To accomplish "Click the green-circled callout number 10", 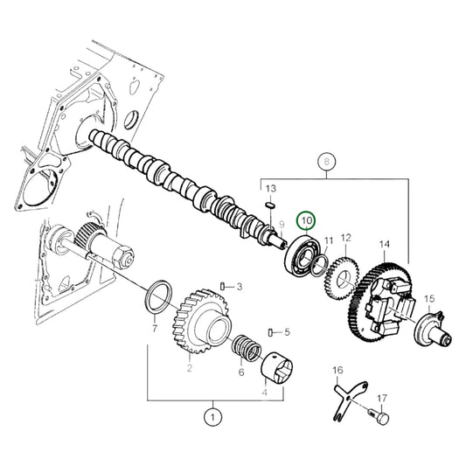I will point(307,220).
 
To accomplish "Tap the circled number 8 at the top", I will point(326,162).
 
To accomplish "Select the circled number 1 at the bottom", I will point(211,418).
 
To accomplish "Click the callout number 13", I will point(270,189).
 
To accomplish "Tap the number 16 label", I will point(338,371).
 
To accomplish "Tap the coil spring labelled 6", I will point(246,352).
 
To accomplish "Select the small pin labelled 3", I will point(224,286).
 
